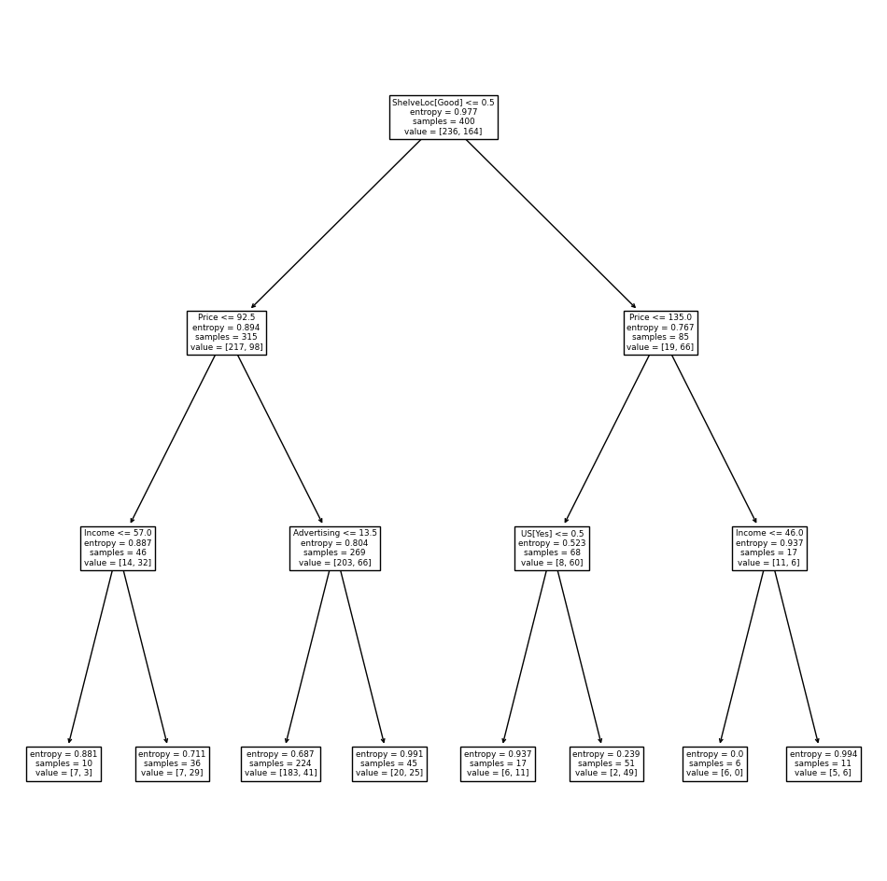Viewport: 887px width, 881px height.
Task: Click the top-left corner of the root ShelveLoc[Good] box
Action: coord(389,96)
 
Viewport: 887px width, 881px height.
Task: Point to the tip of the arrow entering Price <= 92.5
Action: coord(251,309)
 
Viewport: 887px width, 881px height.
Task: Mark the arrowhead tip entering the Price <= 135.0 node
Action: coord(637,309)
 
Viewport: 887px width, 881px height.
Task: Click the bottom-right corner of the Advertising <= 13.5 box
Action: coord(380,570)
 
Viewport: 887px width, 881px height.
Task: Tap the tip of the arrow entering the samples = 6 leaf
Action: coord(720,744)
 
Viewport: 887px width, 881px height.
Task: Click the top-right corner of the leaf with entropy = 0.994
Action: coord(861,747)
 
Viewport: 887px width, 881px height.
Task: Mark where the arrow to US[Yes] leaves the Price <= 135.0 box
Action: coord(649,356)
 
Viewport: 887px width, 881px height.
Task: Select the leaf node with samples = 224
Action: coord(281,764)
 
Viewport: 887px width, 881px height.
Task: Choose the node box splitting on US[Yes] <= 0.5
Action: coord(552,549)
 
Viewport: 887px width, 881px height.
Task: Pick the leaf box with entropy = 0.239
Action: coord(606,764)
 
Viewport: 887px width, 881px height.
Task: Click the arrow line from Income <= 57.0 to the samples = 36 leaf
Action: coord(146,657)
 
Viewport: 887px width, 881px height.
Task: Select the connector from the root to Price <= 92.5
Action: coord(336,224)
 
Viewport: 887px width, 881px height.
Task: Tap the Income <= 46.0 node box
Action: coord(769,549)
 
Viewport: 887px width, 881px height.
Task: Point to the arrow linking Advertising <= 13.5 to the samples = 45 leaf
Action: coord(362,657)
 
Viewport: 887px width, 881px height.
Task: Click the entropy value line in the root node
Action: coord(443,112)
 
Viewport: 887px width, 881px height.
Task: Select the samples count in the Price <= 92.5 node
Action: coord(226,337)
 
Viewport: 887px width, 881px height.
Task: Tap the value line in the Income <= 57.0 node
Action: coord(118,563)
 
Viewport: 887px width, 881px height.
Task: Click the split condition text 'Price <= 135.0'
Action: coord(660,317)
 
